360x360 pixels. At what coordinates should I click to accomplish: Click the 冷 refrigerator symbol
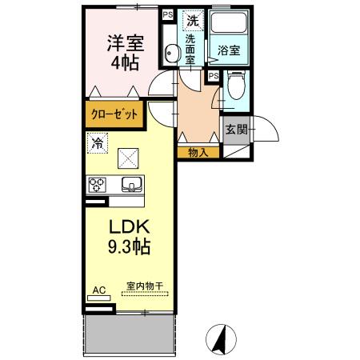(96, 145)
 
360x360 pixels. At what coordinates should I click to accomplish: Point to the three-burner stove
(98, 185)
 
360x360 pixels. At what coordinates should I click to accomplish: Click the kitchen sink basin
(130, 185)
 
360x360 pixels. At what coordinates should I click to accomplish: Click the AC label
(99, 290)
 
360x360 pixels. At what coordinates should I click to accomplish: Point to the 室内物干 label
(144, 286)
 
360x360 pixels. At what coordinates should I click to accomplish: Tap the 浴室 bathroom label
(230, 50)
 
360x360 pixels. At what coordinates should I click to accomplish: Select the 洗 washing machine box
(192, 19)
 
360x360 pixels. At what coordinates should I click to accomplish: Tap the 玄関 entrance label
(235, 130)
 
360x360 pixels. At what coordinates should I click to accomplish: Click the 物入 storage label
(199, 152)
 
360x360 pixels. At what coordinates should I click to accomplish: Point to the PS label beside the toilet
(213, 76)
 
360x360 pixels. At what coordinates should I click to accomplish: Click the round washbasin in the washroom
(170, 54)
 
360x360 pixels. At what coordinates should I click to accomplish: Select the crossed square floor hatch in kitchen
(128, 158)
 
